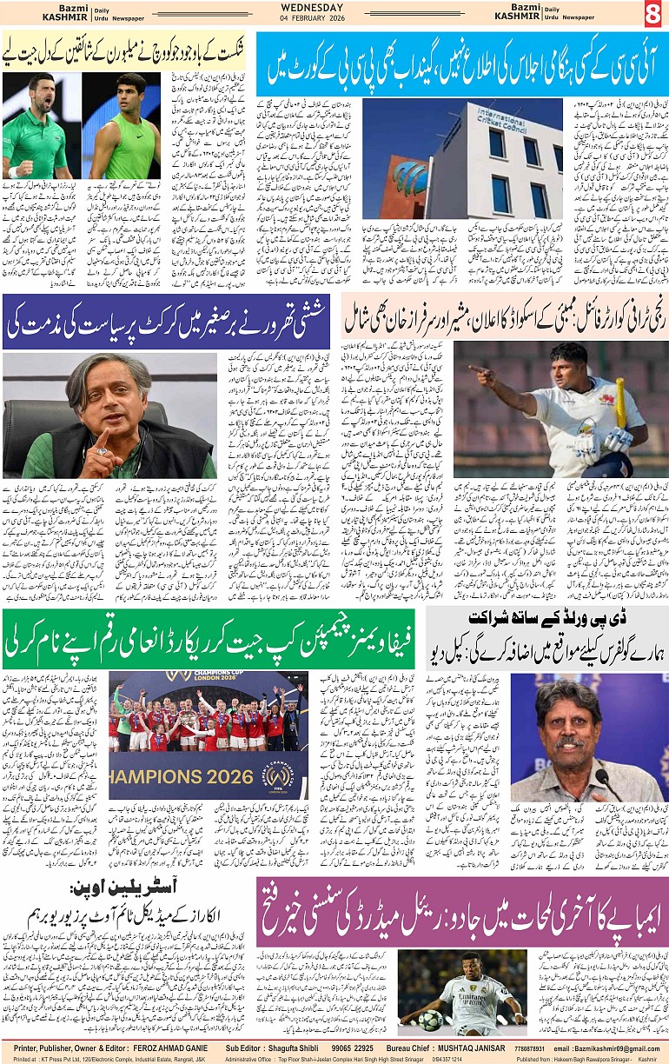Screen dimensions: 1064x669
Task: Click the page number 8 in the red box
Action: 652,14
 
